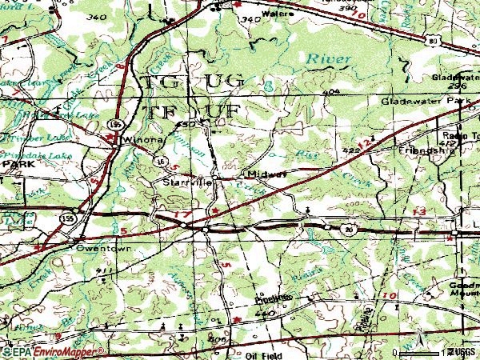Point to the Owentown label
pyautogui.click(x=97, y=249)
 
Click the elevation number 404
pyautogui.click(x=331, y=92)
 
